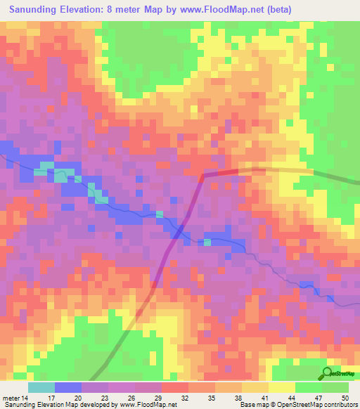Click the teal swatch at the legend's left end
[41, 388]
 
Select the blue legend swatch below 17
[68, 388]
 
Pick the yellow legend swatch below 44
[282, 388]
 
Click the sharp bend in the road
[205, 174]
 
